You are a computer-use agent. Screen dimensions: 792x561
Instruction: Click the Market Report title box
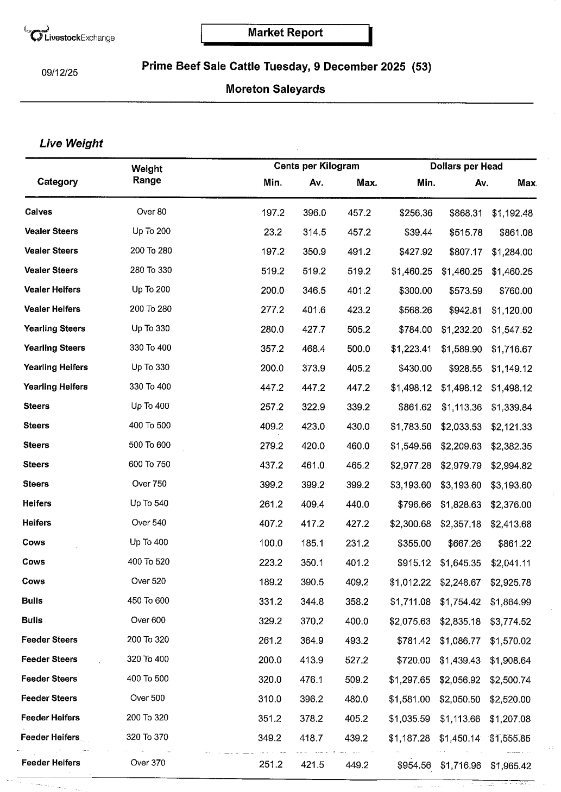click(285, 33)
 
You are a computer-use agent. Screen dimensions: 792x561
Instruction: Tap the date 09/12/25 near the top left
click(60, 72)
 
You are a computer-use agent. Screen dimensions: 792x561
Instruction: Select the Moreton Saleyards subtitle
click(275, 89)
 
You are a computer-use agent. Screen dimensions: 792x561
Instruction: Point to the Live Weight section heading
click(71, 144)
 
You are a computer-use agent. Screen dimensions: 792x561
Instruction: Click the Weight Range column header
click(147, 175)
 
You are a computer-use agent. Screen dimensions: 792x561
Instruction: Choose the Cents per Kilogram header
click(316, 166)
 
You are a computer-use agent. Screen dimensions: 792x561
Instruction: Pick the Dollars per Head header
click(466, 167)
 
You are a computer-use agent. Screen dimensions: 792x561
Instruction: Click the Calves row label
click(39, 212)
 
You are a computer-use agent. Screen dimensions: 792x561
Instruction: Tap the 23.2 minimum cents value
click(273, 232)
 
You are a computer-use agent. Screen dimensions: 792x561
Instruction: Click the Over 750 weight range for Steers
click(149, 484)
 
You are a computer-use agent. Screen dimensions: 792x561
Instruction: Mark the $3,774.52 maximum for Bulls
click(510, 622)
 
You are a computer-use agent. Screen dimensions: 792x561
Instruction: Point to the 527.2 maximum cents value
click(356, 660)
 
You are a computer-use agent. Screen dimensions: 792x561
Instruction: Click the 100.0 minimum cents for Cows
click(271, 543)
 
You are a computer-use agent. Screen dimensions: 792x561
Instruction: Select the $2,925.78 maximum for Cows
click(510, 582)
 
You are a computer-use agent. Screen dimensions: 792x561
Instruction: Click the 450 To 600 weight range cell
click(148, 601)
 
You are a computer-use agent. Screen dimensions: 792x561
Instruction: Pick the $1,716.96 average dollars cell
click(461, 766)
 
